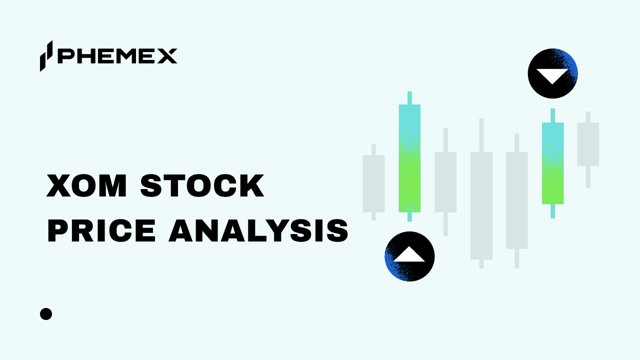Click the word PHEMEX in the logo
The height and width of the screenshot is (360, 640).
pyautogui.click(x=117, y=56)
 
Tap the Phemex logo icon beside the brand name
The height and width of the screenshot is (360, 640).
pyautogui.click(x=46, y=55)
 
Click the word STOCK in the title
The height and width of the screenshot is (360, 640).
pyautogui.click(x=202, y=186)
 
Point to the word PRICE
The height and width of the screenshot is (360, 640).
pyautogui.click(x=102, y=231)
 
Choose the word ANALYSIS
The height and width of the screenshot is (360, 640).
pyautogui.click(x=258, y=231)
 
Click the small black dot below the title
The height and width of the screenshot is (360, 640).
pyautogui.click(x=46, y=314)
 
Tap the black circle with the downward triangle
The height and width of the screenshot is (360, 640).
pyautogui.click(x=552, y=73)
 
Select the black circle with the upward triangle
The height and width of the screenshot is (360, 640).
pyautogui.click(x=409, y=256)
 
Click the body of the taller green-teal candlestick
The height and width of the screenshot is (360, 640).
pyautogui.click(x=409, y=158)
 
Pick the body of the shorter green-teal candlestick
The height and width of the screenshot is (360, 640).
pyautogui.click(x=552, y=163)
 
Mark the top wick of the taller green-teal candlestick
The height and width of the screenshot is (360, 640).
pyautogui.click(x=409, y=98)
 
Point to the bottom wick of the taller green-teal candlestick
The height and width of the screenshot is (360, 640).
pyautogui.click(x=409, y=216)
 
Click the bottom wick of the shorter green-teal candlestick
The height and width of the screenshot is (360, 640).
pyautogui.click(x=552, y=210)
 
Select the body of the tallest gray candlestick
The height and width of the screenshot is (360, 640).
pyautogui.click(x=481, y=205)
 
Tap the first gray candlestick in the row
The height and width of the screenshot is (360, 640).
pyautogui.click(x=373, y=183)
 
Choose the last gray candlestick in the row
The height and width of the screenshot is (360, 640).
pyautogui.click(x=588, y=144)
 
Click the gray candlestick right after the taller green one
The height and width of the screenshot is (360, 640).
pyautogui.click(x=445, y=182)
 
